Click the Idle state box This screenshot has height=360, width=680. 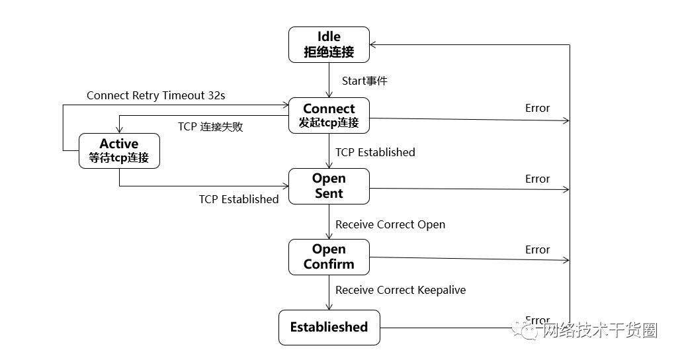click(x=329, y=44)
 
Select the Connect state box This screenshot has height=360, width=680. click(x=329, y=115)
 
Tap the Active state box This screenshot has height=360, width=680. click(x=119, y=151)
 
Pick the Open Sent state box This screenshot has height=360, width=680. click(x=329, y=186)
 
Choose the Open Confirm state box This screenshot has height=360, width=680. click(x=329, y=257)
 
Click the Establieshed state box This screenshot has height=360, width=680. click(x=329, y=327)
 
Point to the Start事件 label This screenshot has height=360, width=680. click(x=364, y=81)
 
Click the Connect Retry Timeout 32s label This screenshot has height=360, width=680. click(x=155, y=95)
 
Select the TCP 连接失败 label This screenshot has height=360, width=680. click(x=210, y=126)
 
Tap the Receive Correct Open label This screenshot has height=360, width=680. click(x=390, y=224)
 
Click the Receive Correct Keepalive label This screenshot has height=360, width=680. click(x=400, y=290)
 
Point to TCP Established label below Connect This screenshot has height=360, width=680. click(x=375, y=152)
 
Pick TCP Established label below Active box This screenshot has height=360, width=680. click(x=239, y=199)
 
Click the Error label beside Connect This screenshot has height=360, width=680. click(x=537, y=108)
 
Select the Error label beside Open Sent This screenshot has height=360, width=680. click(x=537, y=179)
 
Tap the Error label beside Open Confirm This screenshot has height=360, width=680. click(x=537, y=249)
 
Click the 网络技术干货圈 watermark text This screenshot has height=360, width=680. click(x=599, y=330)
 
